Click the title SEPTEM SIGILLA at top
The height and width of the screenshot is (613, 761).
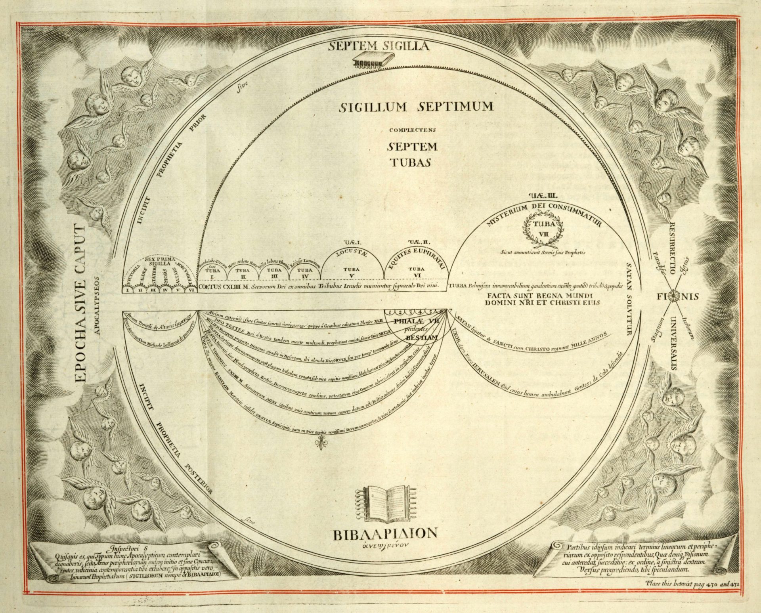pos(379,47)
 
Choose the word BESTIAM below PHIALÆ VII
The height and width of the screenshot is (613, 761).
pos(421,338)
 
